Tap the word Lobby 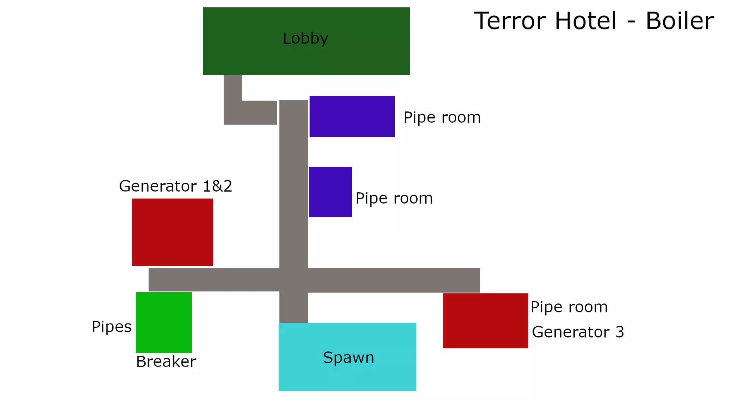[x=305, y=38]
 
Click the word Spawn [x=348, y=358]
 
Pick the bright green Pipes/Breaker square [x=164, y=322]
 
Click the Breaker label [x=166, y=361]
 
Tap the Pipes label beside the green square [x=111, y=327]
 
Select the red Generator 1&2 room [x=172, y=232]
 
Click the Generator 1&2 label [x=175, y=186]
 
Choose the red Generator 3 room [x=485, y=321]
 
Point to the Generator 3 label [x=578, y=332]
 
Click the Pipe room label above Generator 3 [x=569, y=307]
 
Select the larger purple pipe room [x=352, y=116]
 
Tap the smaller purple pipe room [x=330, y=192]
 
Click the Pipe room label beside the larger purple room [x=442, y=117]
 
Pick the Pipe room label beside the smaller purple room [x=394, y=198]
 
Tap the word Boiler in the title [x=680, y=21]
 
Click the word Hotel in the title [x=585, y=21]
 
